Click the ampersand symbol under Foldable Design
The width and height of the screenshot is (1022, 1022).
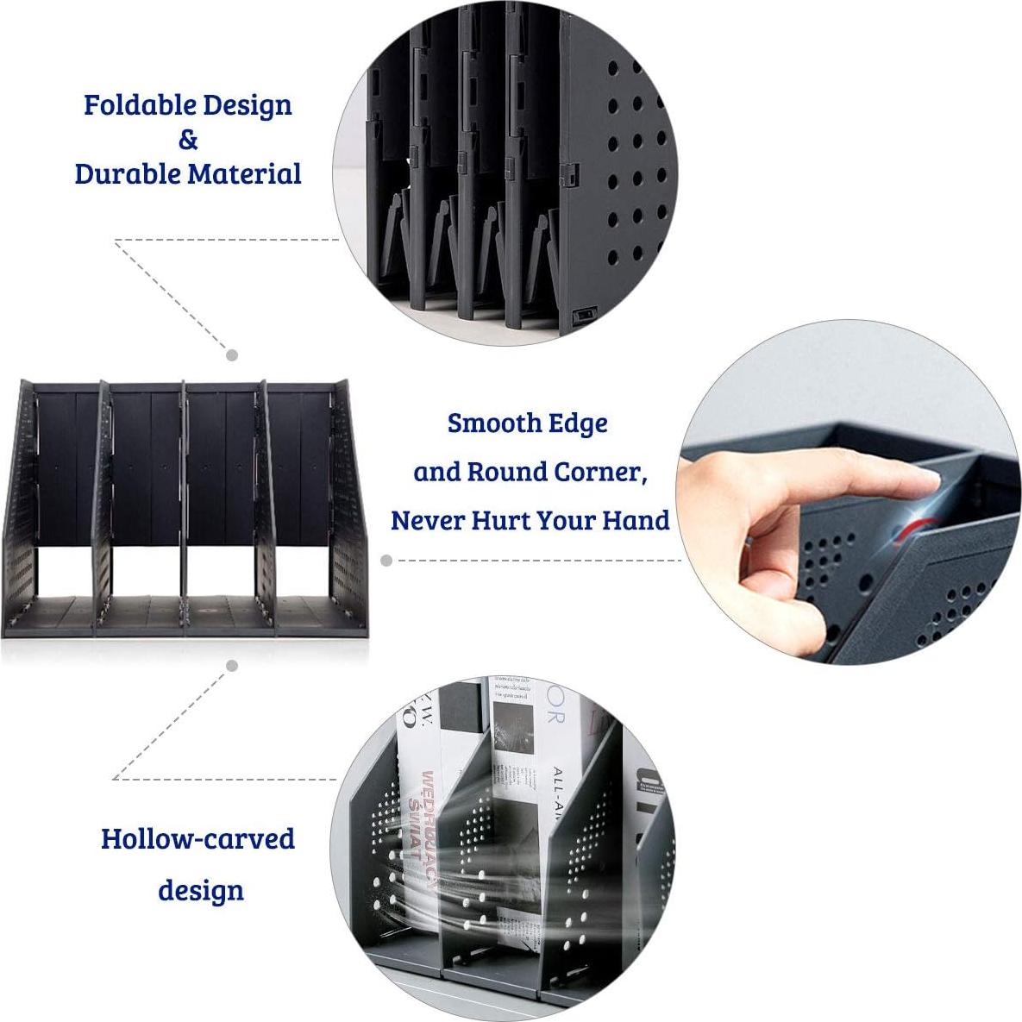pos(188,139)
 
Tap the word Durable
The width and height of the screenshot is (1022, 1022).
pos(129,173)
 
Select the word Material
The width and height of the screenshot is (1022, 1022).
pos(245,173)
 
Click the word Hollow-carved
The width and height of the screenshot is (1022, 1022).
pos(198,839)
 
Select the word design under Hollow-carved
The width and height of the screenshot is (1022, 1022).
pos(200,890)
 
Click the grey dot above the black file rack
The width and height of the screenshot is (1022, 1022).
pos(232,354)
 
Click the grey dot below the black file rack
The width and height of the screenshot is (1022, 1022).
pos(232,666)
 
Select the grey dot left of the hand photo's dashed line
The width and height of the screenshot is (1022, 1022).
pos(386,561)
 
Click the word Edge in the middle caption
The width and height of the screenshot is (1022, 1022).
pos(580,423)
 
